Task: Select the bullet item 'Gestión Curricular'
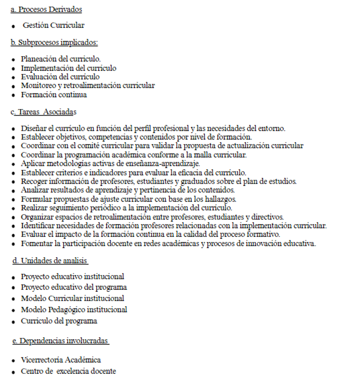point(53,26)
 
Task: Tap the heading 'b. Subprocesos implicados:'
point(54,42)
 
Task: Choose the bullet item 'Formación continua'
point(54,94)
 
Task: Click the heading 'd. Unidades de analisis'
point(50,262)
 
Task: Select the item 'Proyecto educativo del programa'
point(74,287)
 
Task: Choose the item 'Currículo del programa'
point(59,321)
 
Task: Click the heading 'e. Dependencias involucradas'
point(61,340)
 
